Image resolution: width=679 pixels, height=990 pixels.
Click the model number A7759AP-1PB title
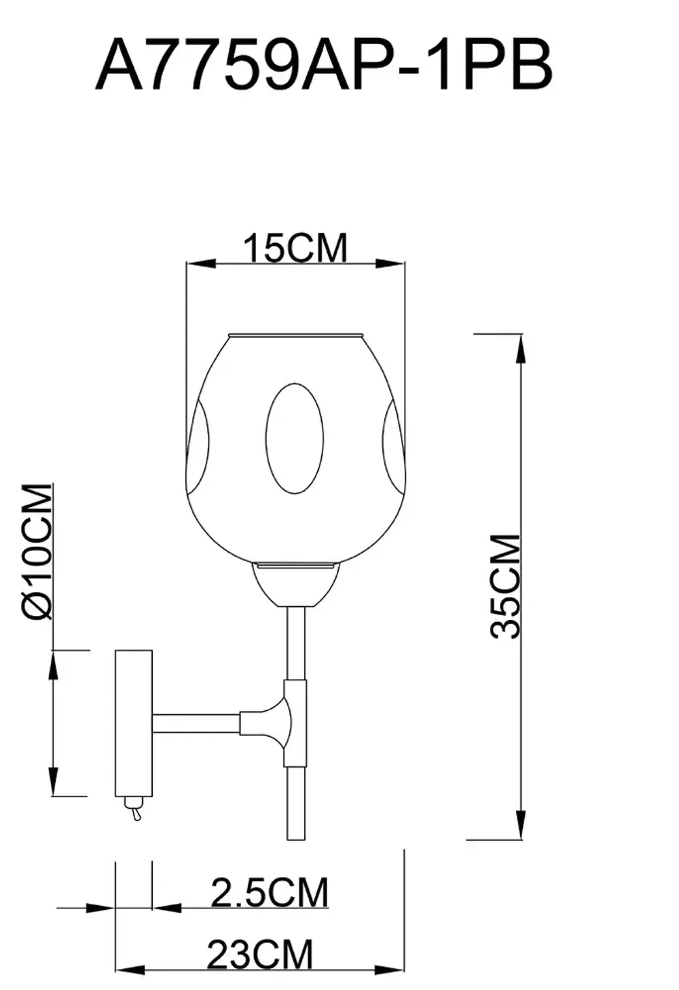(324, 66)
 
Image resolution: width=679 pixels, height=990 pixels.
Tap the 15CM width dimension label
(295, 248)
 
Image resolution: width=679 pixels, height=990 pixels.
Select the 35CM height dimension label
(505, 586)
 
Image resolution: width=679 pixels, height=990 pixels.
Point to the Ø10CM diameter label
(37, 551)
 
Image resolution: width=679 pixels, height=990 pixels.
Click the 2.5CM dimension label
(270, 892)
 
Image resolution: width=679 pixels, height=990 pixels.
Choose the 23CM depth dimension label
(260, 955)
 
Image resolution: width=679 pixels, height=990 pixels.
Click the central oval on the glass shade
(295, 437)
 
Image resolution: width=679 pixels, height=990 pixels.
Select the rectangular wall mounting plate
(133, 723)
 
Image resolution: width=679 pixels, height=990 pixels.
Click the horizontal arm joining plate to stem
(196, 723)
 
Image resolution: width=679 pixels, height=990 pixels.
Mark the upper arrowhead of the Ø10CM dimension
(54, 664)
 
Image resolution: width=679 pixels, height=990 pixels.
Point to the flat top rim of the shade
(295, 335)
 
